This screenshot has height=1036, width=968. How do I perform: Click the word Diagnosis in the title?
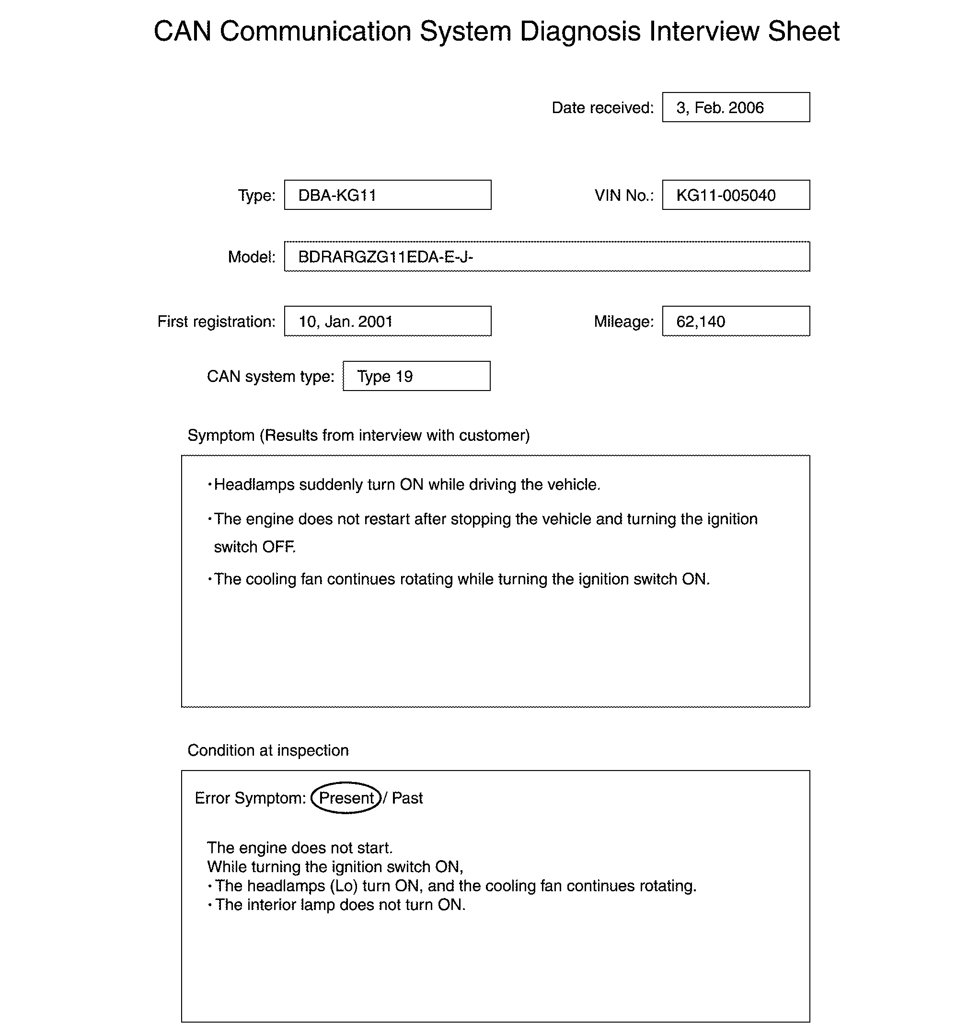coord(580,31)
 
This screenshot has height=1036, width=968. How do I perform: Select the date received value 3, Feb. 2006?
coord(720,108)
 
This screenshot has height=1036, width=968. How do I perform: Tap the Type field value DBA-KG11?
coord(337,196)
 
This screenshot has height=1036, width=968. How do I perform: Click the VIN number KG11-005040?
coord(726,196)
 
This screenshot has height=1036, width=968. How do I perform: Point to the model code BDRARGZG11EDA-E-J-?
coord(385,257)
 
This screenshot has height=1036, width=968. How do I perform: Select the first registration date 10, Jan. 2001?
coord(345,322)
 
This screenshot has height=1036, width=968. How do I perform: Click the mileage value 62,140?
coord(701,322)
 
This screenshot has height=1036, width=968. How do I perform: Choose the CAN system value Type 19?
coord(385,376)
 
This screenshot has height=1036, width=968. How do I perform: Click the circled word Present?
coord(346,798)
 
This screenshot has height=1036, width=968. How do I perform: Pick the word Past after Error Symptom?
coord(407,798)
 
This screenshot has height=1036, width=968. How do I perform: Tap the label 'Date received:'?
coord(602,108)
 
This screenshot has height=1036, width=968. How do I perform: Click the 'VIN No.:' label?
coord(624,196)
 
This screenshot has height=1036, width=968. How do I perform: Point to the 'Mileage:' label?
coord(623,322)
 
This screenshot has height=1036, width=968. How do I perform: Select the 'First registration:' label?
coord(216,322)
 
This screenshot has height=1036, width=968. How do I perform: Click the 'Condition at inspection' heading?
coord(268,750)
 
